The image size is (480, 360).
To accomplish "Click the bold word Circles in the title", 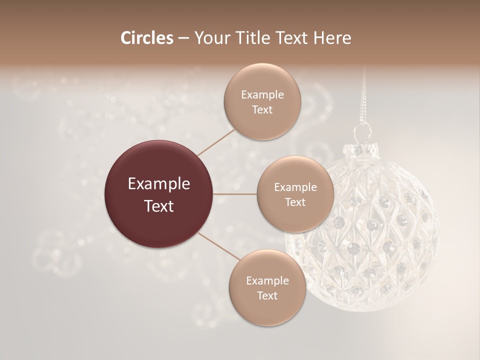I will [x=147, y=38].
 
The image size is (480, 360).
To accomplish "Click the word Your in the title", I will [x=210, y=38].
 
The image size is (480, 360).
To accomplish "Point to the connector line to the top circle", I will [x=216, y=141].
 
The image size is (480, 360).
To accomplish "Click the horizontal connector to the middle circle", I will [x=235, y=193].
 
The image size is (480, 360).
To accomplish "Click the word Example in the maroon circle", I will [x=159, y=184].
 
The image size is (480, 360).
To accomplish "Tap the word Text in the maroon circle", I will [x=159, y=206].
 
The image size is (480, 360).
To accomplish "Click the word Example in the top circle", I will [x=262, y=94].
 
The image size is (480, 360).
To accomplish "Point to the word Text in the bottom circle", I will [x=267, y=296].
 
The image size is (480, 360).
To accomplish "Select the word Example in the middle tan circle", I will [x=295, y=187].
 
